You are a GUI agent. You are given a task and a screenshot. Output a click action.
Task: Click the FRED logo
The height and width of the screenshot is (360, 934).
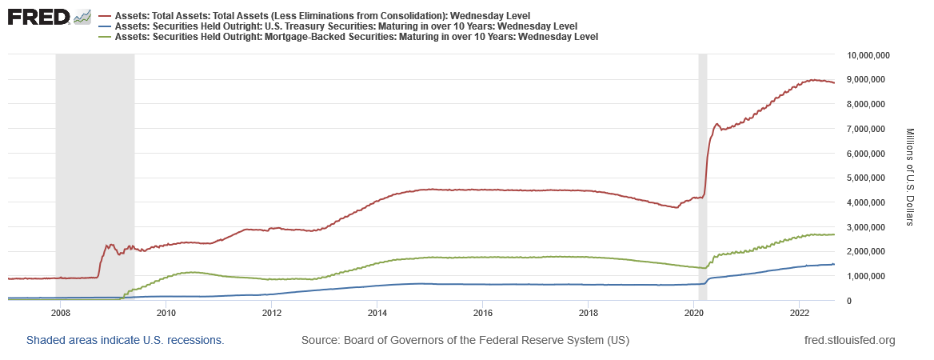click(38, 17)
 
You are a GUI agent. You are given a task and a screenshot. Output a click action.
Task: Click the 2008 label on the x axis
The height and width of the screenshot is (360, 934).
click(60, 312)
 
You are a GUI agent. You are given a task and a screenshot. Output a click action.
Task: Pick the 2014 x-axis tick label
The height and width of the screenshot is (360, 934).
click(377, 312)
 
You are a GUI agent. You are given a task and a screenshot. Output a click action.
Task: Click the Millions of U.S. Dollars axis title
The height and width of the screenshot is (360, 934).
click(912, 177)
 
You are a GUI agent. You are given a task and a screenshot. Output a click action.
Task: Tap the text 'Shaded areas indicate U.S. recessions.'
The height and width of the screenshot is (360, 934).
click(126, 341)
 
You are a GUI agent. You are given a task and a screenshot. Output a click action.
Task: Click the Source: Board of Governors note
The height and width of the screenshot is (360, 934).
click(465, 341)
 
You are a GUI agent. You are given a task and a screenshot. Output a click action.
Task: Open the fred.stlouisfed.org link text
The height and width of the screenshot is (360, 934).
click(848, 341)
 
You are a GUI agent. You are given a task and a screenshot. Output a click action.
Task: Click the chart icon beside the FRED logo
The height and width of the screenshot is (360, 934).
click(82, 17)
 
